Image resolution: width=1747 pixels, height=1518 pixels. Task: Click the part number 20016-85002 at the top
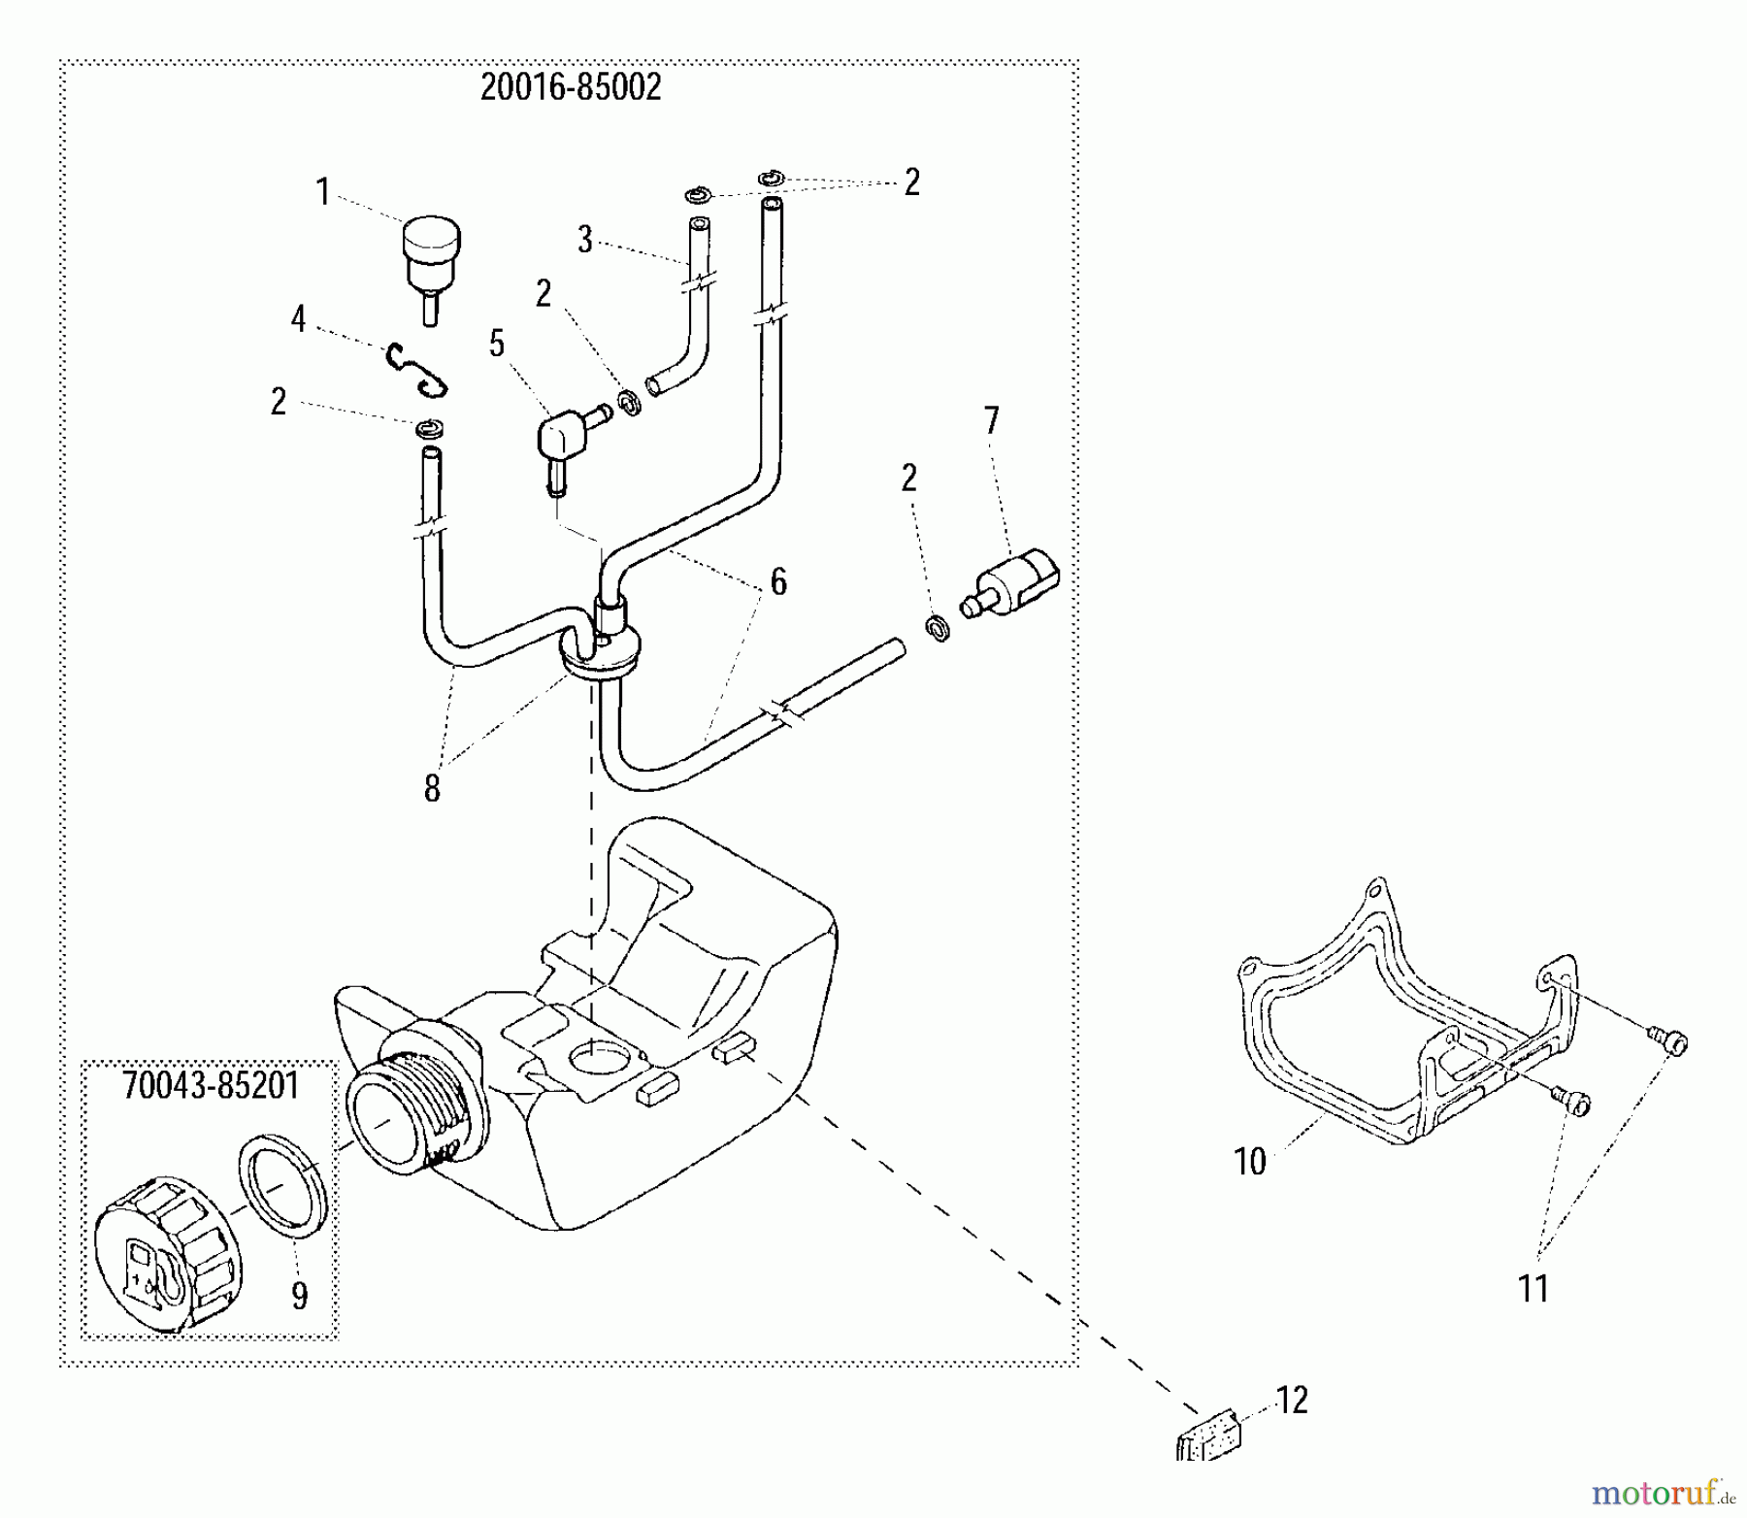pos(571,88)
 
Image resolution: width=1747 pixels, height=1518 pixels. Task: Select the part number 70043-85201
pos(211,1085)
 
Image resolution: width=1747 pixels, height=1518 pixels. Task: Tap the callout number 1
pos(323,191)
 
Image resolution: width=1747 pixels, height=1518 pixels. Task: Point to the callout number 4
pos(298,317)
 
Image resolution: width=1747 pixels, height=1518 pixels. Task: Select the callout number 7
pos(991,420)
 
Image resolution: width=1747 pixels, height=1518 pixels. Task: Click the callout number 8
pos(432,788)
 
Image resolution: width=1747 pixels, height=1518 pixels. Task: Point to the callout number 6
pos(778,581)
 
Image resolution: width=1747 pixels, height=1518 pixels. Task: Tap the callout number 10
pos(1250,1162)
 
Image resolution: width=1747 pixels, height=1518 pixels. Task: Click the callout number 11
pos(1533,1289)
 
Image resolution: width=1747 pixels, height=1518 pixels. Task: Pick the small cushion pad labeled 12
pos(1206,1434)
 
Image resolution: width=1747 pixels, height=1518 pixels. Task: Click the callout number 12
pos(1292,1400)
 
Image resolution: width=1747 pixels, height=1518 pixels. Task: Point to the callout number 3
pos(584,240)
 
